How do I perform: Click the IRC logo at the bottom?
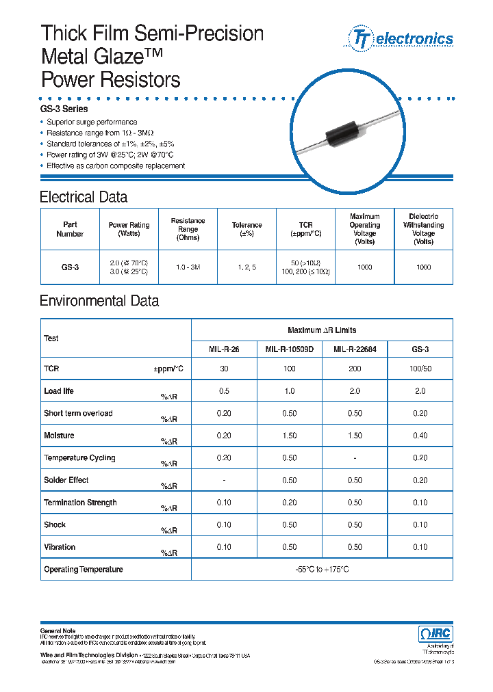tap(435, 634)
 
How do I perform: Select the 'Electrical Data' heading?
tap(84, 198)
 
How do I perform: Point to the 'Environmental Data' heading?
tap(99, 301)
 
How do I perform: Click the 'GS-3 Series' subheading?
tap(64, 109)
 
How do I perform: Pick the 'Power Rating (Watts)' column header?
tap(129, 229)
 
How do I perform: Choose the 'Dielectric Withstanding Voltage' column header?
tap(423, 229)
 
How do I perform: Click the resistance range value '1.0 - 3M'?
tap(188, 267)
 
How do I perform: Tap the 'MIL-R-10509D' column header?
tap(289, 349)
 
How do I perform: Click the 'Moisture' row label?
tap(59, 436)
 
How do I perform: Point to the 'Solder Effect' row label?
tap(66, 480)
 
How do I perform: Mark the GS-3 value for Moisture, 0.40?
tap(420, 436)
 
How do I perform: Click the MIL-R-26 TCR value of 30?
tap(223, 369)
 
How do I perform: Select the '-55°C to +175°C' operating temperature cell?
tap(321, 570)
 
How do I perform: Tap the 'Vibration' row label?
tap(60, 547)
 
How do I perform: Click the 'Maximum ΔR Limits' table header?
tap(322, 330)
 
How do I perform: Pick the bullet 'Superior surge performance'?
tap(92, 122)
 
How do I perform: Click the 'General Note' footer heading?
tap(58, 630)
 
